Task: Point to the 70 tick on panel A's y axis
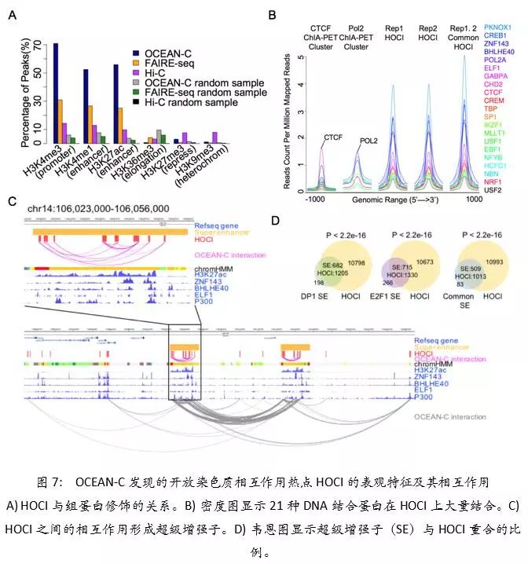point(42,44)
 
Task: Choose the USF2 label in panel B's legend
point(493,189)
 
